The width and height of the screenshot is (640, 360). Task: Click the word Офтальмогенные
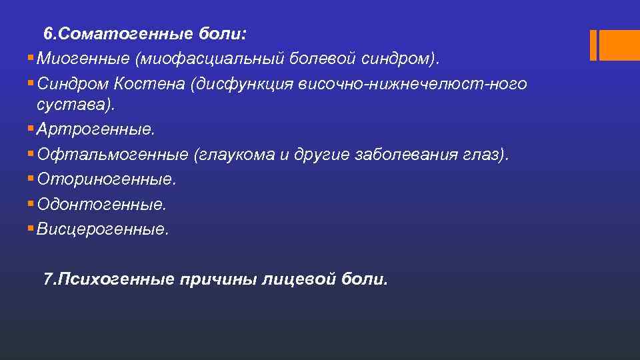[113, 155]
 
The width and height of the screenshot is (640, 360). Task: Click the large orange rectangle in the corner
[619, 45]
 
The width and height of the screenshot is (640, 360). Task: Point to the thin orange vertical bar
[593, 45]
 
